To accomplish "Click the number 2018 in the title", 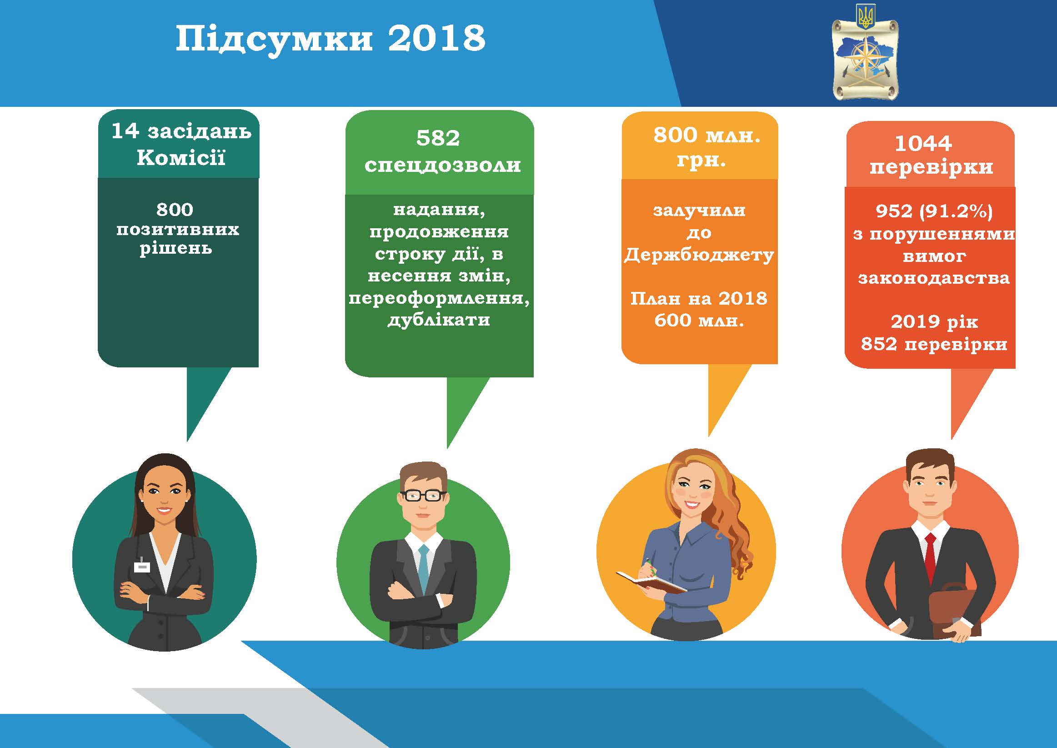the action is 436,38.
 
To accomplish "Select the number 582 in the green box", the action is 438,138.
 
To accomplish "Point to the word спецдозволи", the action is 442,166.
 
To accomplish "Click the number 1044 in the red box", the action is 923,143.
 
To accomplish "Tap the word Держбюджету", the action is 699,255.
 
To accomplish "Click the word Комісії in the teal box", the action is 181,157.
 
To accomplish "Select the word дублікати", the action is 439,320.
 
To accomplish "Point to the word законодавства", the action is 934,278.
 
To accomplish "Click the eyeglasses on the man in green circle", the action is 423,496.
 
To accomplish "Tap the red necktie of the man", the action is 931,557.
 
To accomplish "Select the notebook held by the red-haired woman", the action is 651,583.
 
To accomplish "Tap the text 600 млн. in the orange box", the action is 699,320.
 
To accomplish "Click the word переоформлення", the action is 439,298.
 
